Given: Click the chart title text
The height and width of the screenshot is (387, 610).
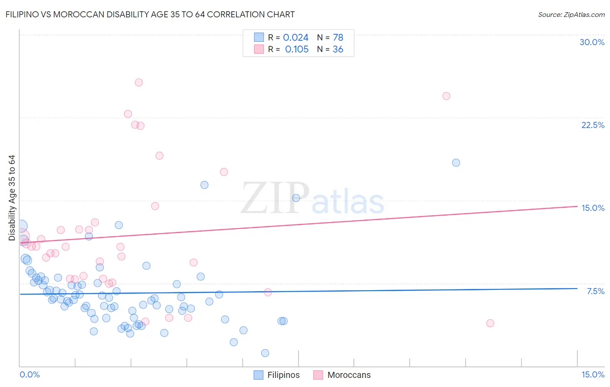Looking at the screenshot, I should point(150,14).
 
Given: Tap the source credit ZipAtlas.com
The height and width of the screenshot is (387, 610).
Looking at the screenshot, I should point(571,14).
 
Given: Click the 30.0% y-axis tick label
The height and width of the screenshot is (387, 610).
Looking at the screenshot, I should point(592,42).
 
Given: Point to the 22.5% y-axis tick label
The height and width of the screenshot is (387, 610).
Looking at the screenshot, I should point(593,125).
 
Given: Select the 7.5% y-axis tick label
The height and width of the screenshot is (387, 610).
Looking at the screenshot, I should point(595,291).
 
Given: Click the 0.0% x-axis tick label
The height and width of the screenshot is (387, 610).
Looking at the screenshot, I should point(30,374).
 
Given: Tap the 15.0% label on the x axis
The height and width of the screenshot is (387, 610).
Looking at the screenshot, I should point(593,374).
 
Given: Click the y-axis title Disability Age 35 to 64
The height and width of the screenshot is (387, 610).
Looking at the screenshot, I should point(12,198).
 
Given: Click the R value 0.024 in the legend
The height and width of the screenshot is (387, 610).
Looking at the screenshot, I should point(296,38).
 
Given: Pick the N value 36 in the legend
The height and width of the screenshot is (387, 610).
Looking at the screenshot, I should point(338,49).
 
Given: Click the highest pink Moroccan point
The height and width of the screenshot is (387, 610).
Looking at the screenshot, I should point(139,82).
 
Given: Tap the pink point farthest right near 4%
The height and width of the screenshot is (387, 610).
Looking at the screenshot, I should point(490,323).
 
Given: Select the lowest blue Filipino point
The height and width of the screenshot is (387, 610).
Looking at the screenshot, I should point(265,353).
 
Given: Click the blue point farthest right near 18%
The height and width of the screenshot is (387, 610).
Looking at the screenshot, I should point(456,163).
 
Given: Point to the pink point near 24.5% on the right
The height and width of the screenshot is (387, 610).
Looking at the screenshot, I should point(446,96).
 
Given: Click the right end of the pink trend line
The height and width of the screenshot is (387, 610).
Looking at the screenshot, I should point(577,206).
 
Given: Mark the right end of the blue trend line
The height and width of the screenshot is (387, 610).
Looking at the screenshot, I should point(577,288).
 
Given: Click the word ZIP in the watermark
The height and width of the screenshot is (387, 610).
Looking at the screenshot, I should point(275,198).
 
